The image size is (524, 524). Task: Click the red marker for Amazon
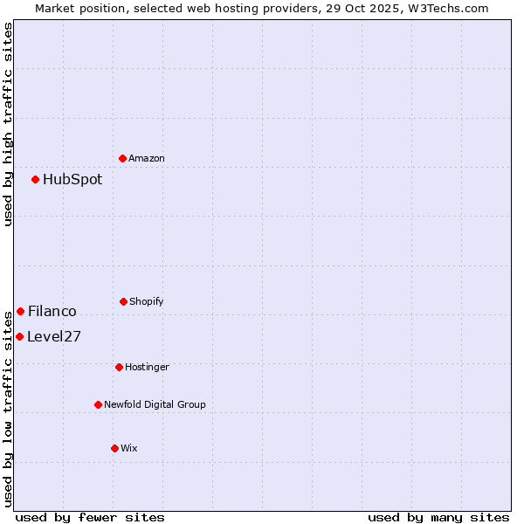point(123,158)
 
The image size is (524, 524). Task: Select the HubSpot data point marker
point(36,180)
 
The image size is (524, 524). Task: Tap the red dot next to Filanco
point(20,312)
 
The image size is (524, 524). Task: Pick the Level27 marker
point(19,337)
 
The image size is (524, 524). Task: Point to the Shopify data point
point(123,301)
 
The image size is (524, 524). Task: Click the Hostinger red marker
point(119,367)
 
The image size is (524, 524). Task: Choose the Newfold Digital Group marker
point(98,404)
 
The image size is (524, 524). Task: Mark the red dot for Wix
point(114,448)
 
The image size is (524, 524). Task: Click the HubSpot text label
point(72,180)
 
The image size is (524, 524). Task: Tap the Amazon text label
point(147,159)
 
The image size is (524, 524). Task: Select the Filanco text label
point(52,312)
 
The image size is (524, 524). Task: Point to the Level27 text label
point(54,337)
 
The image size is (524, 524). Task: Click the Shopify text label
point(147,302)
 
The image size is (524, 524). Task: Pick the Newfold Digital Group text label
point(155,405)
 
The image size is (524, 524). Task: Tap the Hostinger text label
point(147,368)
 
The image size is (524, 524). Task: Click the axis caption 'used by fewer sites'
point(90,517)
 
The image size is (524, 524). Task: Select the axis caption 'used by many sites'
point(438,517)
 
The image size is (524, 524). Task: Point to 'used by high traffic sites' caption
point(8,124)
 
